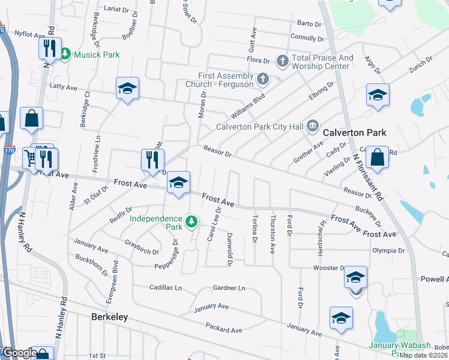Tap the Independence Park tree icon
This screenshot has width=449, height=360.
pyautogui.click(x=191, y=223)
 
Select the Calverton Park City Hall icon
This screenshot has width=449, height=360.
pyautogui.click(x=312, y=125)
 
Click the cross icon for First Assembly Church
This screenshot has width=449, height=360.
pyautogui.click(x=262, y=79)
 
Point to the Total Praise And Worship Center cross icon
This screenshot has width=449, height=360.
pyautogui.click(x=282, y=61)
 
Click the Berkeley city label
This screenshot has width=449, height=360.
pyautogui.click(x=109, y=317)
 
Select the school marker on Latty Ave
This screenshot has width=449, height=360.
pyautogui.click(x=127, y=89)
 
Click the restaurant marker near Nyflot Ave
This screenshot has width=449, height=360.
pyautogui.click(x=50, y=48)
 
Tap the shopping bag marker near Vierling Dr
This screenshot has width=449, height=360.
pyautogui.click(x=376, y=158)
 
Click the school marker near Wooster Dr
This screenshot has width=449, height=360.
pyautogui.click(x=355, y=278)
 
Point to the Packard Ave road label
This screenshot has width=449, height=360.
pyautogui.click(x=224, y=330)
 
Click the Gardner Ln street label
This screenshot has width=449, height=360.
pyautogui.click(x=229, y=288)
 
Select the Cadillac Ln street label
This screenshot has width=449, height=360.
pyautogui.click(x=166, y=287)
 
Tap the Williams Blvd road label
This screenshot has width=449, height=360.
pyautogui.click(x=248, y=109)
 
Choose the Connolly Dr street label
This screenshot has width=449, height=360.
pyautogui.click(x=307, y=38)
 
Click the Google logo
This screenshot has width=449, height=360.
pyautogui.click(x=20, y=353)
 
